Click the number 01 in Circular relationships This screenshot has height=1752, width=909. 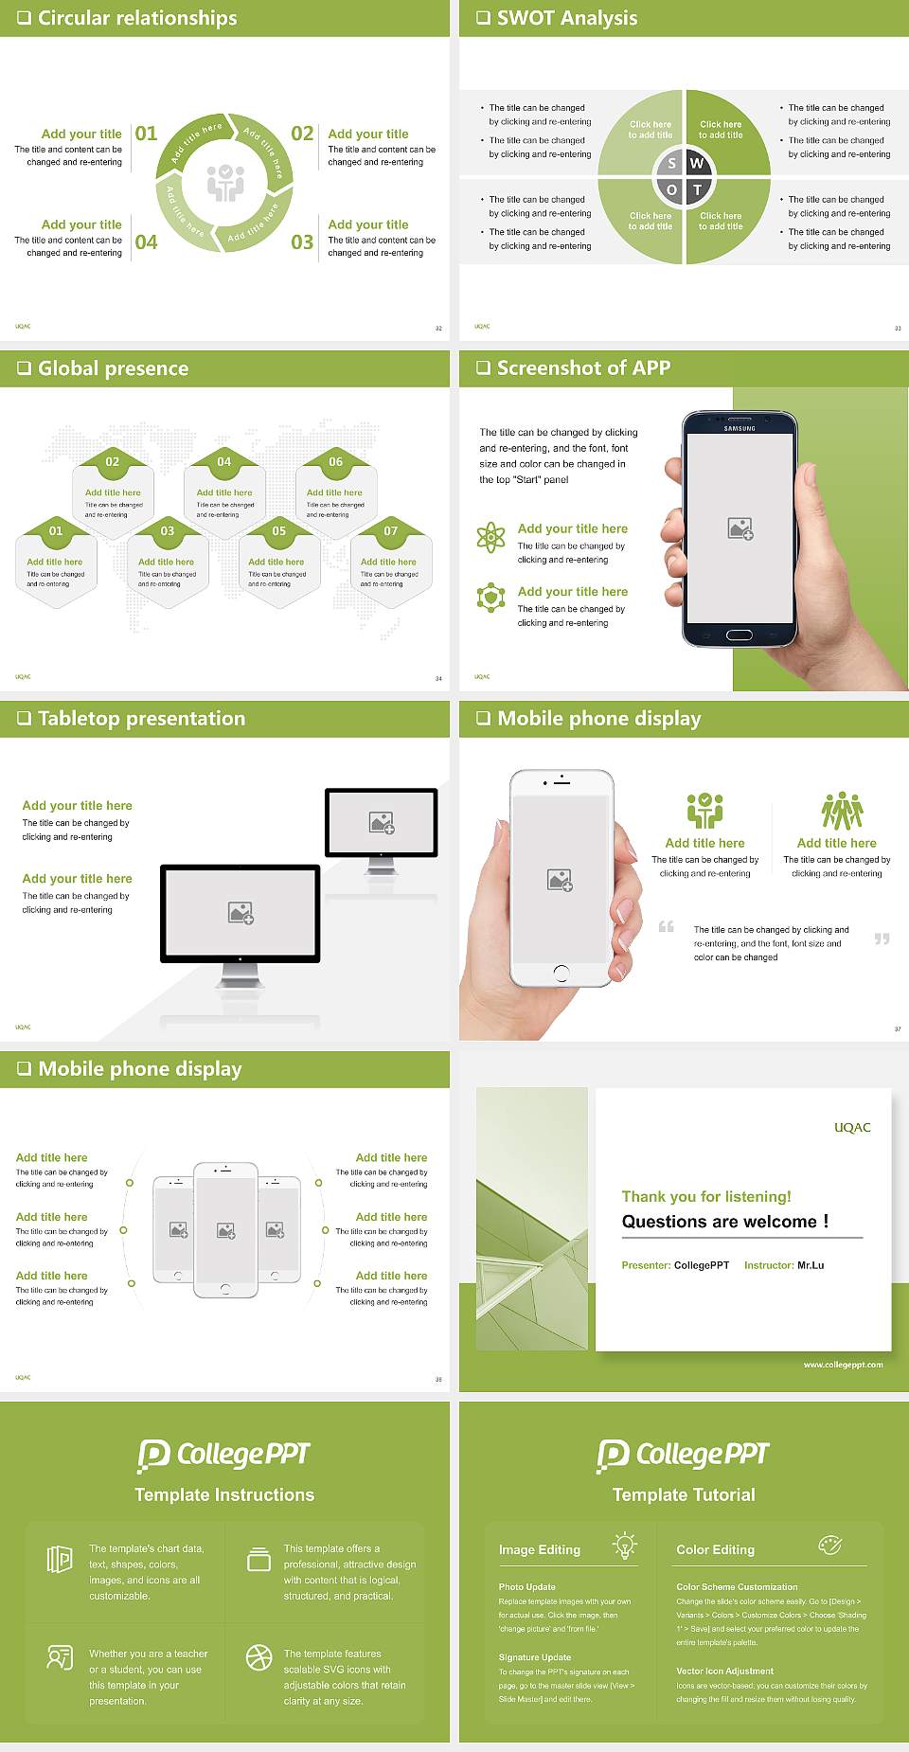click(x=146, y=134)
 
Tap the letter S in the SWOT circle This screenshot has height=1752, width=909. click(x=672, y=163)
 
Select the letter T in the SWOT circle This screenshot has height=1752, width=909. click(x=698, y=189)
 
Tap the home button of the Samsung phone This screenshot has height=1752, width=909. click(x=740, y=635)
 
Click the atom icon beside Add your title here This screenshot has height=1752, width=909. click(x=490, y=537)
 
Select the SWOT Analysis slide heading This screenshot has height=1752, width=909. click(x=566, y=18)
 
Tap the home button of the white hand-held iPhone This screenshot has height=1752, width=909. click(x=561, y=972)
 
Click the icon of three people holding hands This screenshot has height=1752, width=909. click(x=842, y=811)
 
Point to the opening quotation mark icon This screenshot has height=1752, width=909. click(x=667, y=926)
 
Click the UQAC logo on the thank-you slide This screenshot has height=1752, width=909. click(x=852, y=1128)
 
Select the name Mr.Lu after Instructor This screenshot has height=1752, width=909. click(x=811, y=1265)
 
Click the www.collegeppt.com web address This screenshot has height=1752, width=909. click(x=843, y=1365)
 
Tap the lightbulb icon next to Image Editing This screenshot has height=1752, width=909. click(x=625, y=1546)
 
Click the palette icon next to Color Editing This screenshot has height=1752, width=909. click(x=829, y=1546)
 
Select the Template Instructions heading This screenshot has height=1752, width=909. click(x=224, y=1495)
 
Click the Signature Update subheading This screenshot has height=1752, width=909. click(x=535, y=1657)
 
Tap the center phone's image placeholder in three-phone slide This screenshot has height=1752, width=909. click(x=225, y=1230)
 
